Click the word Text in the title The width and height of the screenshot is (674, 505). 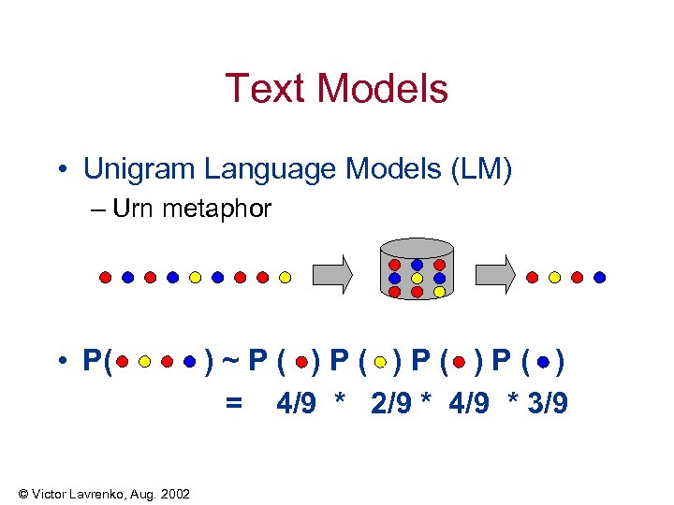point(265,89)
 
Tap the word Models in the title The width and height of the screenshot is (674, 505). point(381,89)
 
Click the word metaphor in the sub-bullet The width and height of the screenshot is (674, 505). point(216,209)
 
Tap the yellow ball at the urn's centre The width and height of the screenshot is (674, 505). point(417,279)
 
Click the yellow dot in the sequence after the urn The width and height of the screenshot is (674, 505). point(554,277)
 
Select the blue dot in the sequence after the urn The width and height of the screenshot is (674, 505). point(599,277)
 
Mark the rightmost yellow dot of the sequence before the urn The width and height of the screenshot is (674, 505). point(286,277)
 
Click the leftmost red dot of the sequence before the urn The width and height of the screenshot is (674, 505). point(106,277)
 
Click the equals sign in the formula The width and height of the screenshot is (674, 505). point(234,403)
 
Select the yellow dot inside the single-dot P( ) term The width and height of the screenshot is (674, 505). point(380,361)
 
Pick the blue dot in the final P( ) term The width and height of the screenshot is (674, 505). point(545,361)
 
